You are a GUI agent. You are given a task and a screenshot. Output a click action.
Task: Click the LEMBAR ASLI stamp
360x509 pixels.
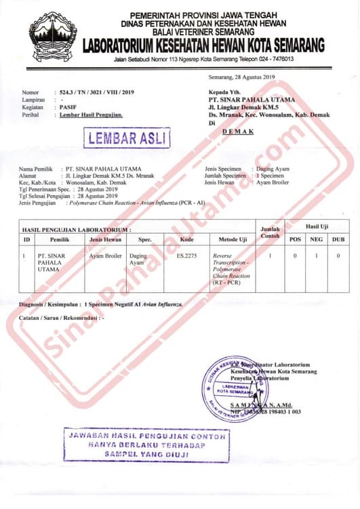pyautogui.click(x=127, y=138)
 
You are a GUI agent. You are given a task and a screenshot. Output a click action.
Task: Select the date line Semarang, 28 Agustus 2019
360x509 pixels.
pyautogui.click(x=241, y=78)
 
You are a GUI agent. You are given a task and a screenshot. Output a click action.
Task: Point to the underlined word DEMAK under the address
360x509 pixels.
pyautogui.click(x=238, y=131)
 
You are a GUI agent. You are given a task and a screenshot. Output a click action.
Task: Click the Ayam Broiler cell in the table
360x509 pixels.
pyautogui.click(x=106, y=256)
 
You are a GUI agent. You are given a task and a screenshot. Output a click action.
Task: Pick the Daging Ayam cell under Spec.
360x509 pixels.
pyautogui.click(x=138, y=260)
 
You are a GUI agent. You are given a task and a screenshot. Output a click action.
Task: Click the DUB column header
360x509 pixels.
pyautogui.click(x=338, y=240)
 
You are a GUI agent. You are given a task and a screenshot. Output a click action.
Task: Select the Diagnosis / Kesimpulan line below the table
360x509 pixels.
pyautogui.click(x=102, y=305)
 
